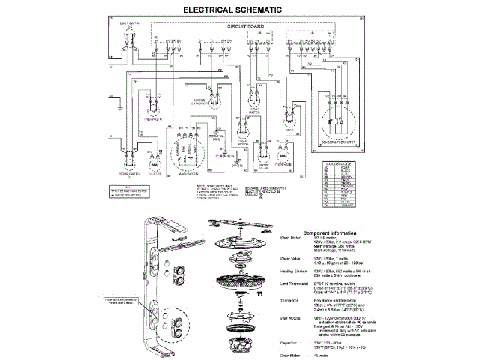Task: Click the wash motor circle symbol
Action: [x=190, y=151]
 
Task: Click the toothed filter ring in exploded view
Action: [x=245, y=287]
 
